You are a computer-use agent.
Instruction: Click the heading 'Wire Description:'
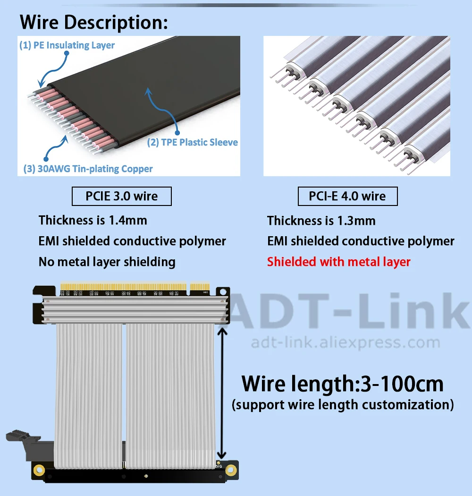(x=93, y=23)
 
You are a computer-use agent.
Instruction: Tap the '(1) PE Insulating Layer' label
(x=67, y=45)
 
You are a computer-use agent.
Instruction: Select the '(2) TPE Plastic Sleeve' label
(x=193, y=142)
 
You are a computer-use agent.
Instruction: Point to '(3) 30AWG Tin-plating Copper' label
(x=88, y=169)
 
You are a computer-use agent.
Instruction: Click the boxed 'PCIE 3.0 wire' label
(x=122, y=196)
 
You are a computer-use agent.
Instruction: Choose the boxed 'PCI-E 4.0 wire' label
(x=347, y=196)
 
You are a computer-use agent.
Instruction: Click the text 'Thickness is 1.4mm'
(x=93, y=220)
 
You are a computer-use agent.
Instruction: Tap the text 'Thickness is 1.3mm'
(x=321, y=221)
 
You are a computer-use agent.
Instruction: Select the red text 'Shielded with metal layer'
(x=338, y=262)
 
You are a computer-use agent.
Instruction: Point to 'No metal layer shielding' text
(x=107, y=262)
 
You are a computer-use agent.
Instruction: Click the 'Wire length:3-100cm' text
(x=342, y=384)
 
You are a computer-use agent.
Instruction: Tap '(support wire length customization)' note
(x=343, y=405)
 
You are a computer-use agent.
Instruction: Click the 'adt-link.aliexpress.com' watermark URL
(x=346, y=342)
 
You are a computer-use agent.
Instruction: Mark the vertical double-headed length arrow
(x=222, y=393)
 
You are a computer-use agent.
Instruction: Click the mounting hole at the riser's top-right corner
(x=223, y=291)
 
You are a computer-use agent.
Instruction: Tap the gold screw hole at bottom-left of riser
(x=39, y=470)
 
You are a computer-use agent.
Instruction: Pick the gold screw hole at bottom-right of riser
(x=231, y=470)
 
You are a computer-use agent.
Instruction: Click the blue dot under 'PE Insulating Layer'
(x=67, y=53)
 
